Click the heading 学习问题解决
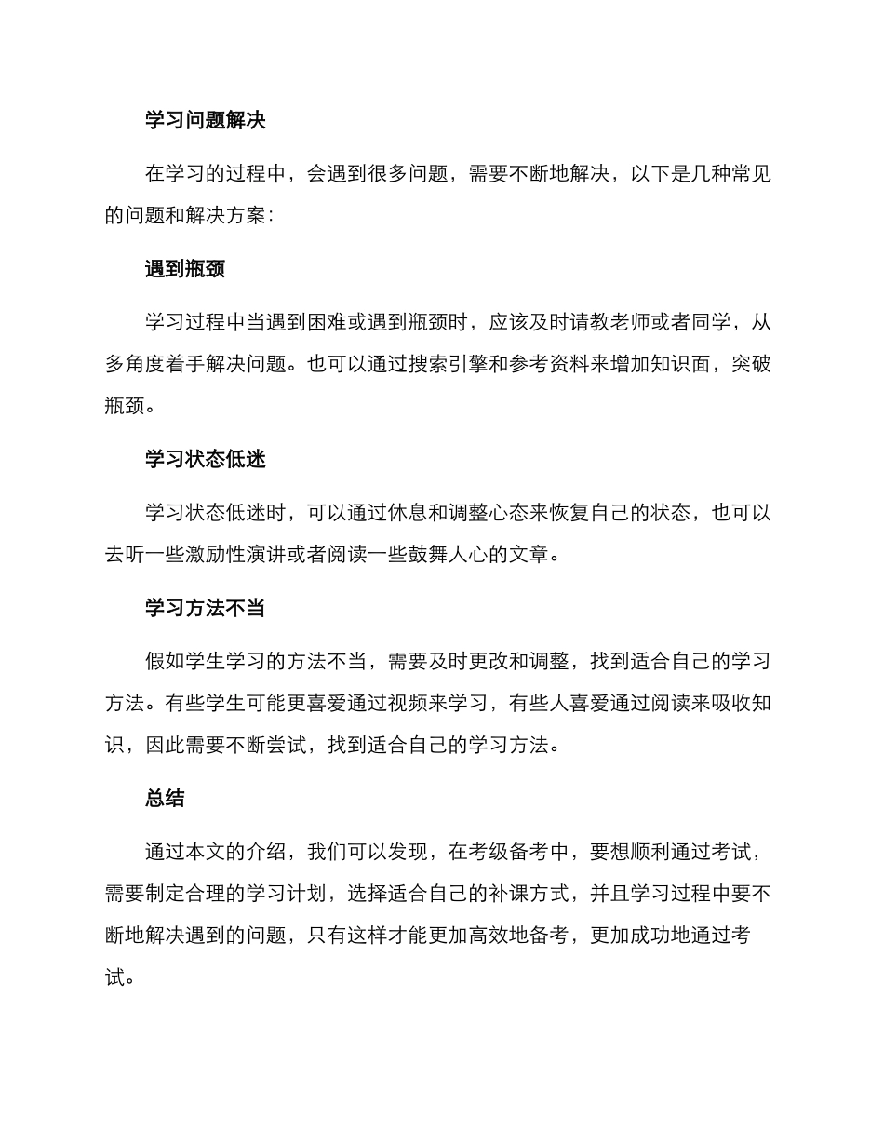point(205,120)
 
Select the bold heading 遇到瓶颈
point(184,269)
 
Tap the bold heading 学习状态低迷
point(205,459)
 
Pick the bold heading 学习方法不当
point(205,608)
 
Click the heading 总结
point(165,798)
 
